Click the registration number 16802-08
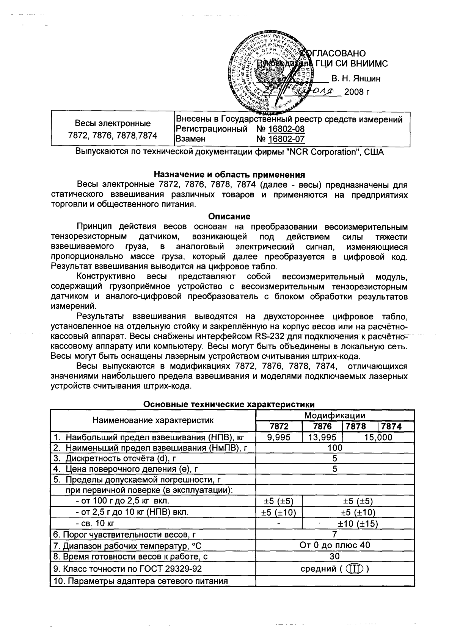click(x=286, y=129)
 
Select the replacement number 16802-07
click(x=286, y=139)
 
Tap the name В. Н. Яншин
click(x=356, y=79)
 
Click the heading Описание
click(x=229, y=217)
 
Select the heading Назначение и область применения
click(x=229, y=175)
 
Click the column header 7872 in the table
click(x=279, y=426)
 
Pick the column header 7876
click(x=322, y=426)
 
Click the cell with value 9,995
click(x=279, y=438)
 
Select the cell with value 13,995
click(x=322, y=438)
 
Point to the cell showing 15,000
click(x=378, y=438)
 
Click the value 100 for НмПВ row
click(x=335, y=448)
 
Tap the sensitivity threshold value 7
click(x=335, y=534)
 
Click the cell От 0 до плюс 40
click(x=335, y=545)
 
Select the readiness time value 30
click(x=335, y=556)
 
